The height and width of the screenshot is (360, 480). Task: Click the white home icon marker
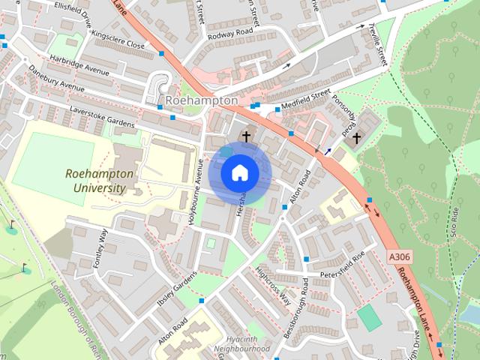pyautogui.click(x=239, y=172)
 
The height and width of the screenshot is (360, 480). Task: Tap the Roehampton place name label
pyautogui.click(x=200, y=100)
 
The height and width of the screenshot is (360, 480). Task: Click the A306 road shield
pyautogui.click(x=400, y=257)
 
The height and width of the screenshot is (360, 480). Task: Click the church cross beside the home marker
pyautogui.click(x=245, y=136)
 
